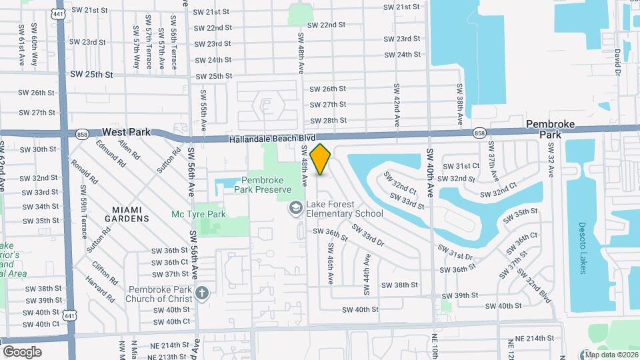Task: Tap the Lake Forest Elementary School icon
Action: (x=295, y=209)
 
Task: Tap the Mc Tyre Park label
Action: (x=199, y=215)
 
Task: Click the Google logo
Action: (x=22, y=351)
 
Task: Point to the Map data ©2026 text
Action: (x=611, y=355)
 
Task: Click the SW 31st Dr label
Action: (x=455, y=252)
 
